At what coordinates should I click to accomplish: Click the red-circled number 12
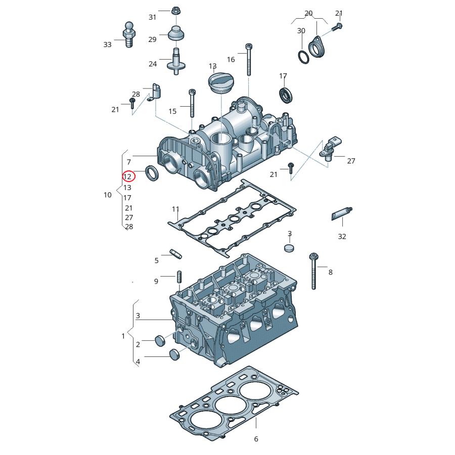(127, 176)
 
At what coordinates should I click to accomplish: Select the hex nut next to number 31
(176, 10)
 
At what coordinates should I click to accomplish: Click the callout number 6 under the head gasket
(256, 439)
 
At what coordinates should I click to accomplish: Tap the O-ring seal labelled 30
(303, 57)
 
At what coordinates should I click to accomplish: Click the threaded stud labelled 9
(178, 278)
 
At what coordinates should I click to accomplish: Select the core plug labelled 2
(159, 341)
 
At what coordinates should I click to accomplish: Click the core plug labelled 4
(173, 355)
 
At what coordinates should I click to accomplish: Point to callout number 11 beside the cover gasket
(175, 209)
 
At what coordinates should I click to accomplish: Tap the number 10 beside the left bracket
(108, 195)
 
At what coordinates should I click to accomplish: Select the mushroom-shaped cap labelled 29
(175, 35)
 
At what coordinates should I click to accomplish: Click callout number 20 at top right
(308, 13)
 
